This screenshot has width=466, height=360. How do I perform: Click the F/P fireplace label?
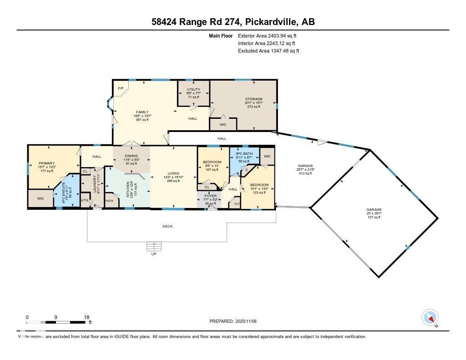point(121,88)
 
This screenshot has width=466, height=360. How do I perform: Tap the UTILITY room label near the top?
point(193,90)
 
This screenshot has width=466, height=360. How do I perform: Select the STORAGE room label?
point(253,99)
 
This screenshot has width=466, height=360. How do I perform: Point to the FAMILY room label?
point(142,112)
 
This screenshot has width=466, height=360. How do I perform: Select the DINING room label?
point(131,156)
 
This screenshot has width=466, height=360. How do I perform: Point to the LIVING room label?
point(173,173)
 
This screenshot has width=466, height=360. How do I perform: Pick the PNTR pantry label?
point(109,200)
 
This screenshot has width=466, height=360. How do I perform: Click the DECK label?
point(168,226)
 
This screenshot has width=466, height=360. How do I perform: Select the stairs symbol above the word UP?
point(153,246)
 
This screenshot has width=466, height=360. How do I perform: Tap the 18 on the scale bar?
point(86,317)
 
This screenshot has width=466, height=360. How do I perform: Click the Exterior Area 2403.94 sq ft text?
point(268,35)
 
